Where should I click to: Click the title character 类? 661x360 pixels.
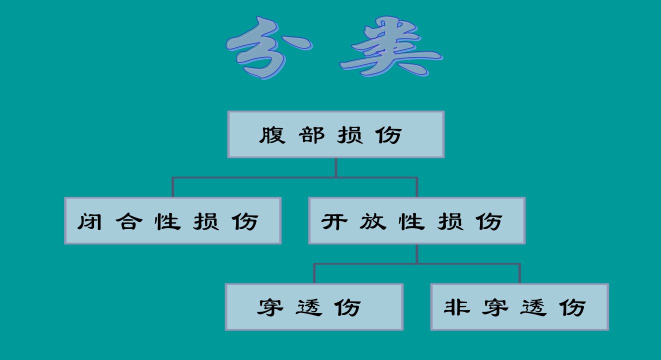point(391,46)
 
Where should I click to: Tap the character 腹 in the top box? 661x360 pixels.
point(272,135)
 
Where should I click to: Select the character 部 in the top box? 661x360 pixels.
point(311,135)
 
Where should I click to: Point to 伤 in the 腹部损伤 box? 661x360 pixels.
point(388,135)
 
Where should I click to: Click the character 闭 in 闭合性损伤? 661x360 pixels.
point(89,221)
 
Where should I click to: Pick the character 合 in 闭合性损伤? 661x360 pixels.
point(129,221)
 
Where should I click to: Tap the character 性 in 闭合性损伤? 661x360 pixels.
point(167,221)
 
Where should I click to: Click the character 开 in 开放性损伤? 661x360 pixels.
point(334,221)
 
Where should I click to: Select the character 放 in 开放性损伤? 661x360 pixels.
point(373,221)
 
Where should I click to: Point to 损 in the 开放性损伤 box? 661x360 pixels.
point(450,221)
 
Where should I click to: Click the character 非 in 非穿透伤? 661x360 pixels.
point(457,307)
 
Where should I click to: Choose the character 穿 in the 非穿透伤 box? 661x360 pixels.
point(495,307)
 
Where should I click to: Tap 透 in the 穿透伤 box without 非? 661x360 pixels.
point(308,307)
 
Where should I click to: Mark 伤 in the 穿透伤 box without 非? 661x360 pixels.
point(347,307)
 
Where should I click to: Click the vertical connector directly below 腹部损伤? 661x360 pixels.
point(336,167)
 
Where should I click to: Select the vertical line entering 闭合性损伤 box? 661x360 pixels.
point(172,187)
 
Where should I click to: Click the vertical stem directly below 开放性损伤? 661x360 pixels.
point(416,254)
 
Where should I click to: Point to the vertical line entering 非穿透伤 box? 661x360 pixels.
point(519,273)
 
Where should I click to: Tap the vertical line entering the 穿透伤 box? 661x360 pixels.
point(314,273)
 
